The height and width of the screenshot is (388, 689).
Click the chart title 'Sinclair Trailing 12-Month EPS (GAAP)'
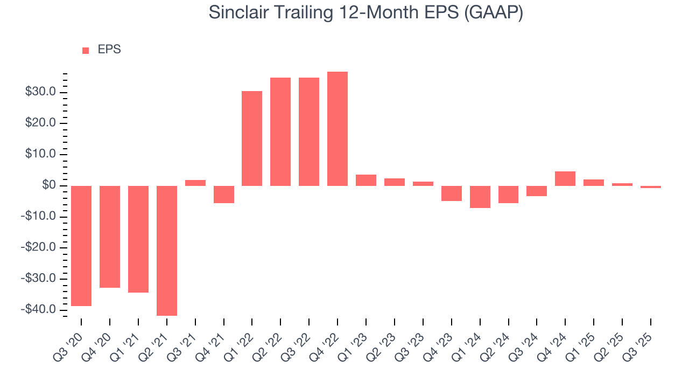[366, 13]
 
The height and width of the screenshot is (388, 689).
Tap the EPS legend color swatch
[86, 51]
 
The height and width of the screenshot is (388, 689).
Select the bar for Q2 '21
[167, 251]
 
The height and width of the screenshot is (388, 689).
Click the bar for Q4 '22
[338, 129]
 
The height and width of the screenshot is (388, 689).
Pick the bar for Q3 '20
[81, 246]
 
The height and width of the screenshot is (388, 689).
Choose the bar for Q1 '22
[252, 138]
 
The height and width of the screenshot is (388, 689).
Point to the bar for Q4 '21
[223, 195]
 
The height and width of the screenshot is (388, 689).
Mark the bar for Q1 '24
[480, 197]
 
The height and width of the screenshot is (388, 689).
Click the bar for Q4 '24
[565, 178]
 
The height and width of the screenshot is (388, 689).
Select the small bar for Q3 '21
[195, 183]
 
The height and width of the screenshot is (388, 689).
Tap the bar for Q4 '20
[110, 237]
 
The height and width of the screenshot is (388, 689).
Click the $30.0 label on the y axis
[41, 93]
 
